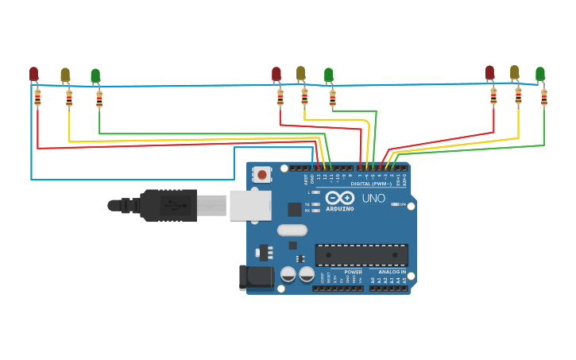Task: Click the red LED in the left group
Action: pyautogui.click(x=33, y=74)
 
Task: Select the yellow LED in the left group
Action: pyautogui.click(x=65, y=75)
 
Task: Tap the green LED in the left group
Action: pyautogui.click(x=95, y=75)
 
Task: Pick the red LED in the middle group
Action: pyautogui.click(x=276, y=74)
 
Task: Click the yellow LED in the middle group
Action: pyautogui.click(x=300, y=73)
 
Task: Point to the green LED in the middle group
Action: pyautogui.click(x=328, y=75)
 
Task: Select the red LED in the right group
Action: pyautogui.click(x=489, y=72)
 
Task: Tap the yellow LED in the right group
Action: pyautogui.click(x=514, y=72)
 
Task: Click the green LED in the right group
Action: pyautogui.click(x=540, y=74)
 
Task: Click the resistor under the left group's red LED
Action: pyautogui.click(x=37, y=98)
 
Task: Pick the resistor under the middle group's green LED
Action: pyautogui.click(x=332, y=99)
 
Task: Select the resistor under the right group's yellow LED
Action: pyautogui.click(x=518, y=95)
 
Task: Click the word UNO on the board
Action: pyautogui.click(x=373, y=198)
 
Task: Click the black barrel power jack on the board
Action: pyautogui.click(x=256, y=277)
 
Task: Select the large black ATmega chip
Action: pyautogui.click(x=361, y=255)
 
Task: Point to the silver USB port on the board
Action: pyautogui.click(x=249, y=205)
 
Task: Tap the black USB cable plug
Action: pyautogui.click(x=168, y=205)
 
